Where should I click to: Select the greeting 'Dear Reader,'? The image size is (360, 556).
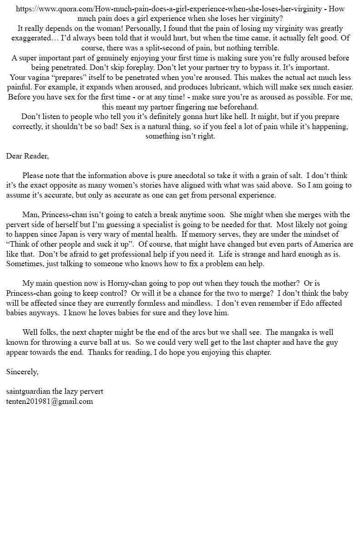tap(27, 156)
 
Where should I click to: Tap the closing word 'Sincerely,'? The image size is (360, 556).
tap(22, 372)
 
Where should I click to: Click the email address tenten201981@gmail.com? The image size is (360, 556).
tap(50, 401)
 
